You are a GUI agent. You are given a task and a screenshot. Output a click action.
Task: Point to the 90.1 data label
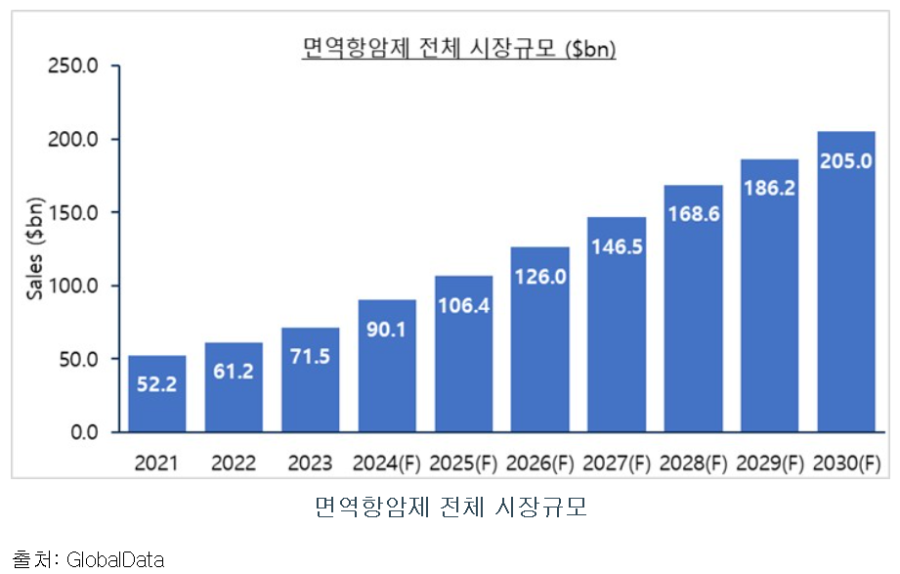point(387,329)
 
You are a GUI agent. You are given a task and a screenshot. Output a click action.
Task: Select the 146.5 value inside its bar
point(616,246)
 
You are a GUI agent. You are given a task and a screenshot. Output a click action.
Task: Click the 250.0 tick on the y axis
point(80,66)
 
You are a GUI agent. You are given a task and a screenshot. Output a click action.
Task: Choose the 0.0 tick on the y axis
point(87,432)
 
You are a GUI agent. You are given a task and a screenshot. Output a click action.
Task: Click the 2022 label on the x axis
point(234,462)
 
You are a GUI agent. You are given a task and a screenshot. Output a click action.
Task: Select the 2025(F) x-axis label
point(463,462)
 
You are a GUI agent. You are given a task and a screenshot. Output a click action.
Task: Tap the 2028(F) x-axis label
point(693,462)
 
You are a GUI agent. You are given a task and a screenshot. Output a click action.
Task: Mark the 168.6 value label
point(693,213)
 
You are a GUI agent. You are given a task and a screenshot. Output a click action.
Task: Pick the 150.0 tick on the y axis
point(80,212)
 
